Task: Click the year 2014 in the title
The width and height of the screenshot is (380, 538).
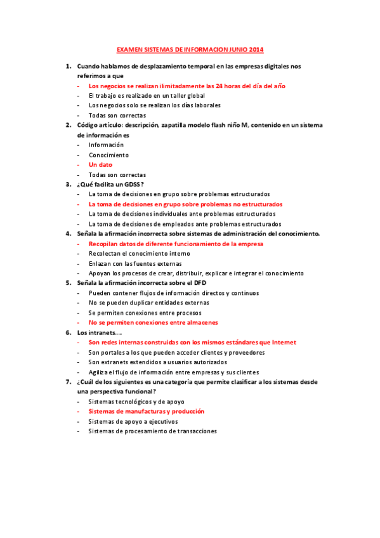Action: tap(256, 49)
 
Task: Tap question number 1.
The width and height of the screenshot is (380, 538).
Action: tap(68, 66)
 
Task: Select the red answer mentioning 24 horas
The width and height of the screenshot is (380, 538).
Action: tap(187, 86)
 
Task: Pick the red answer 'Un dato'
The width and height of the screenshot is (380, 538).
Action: tap(100, 165)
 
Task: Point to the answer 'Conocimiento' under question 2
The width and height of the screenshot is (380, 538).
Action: tap(108, 155)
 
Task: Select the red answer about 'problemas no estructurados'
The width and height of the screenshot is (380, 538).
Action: tap(186, 204)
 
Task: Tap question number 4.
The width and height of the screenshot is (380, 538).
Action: tap(68, 233)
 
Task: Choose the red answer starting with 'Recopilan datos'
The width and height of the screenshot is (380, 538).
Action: tap(176, 244)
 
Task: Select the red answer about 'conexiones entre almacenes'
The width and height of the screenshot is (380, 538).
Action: tap(162, 322)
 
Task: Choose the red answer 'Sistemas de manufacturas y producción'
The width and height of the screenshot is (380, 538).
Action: tap(155, 411)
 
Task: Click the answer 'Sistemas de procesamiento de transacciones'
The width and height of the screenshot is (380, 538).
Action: tap(152, 431)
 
